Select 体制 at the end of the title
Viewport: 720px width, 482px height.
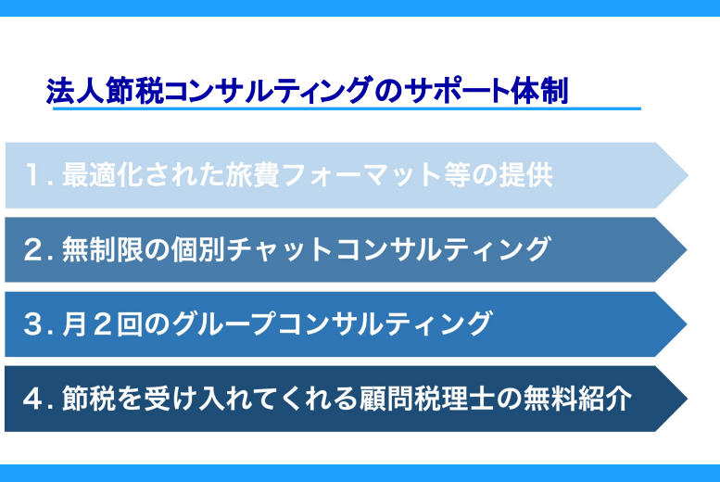[540, 91]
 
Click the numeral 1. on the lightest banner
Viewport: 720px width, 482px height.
[39, 175]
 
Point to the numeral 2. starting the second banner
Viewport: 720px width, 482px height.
[39, 249]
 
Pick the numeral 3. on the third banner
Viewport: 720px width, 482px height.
[39, 323]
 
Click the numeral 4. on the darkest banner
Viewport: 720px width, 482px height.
[39, 399]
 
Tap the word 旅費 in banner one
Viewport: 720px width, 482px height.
[252, 175]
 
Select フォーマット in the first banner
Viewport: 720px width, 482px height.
[360, 175]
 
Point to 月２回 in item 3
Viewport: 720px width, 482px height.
[103, 323]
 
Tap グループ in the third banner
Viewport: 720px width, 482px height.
[223, 323]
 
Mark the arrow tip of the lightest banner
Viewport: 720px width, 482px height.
[688, 175]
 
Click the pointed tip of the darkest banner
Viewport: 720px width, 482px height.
[687, 399]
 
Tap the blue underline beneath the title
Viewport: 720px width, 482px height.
[347, 108]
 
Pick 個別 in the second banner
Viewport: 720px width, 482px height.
[198, 249]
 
